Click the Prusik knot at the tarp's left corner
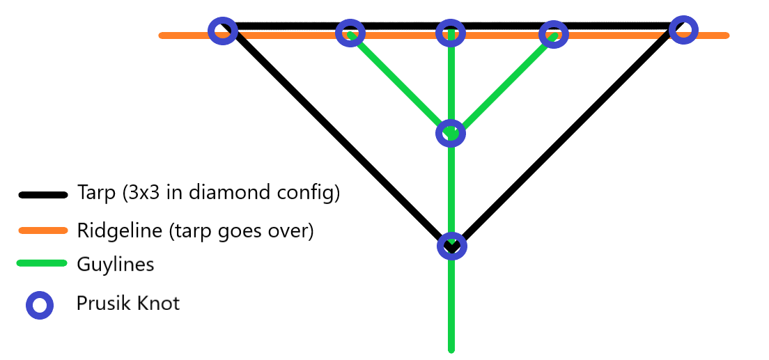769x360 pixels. [223, 31]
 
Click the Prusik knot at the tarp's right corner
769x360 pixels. [683, 29]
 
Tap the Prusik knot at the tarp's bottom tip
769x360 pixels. [451, 246]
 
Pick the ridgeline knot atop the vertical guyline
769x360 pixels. [451, 33]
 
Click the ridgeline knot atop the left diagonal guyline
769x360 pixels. [350, 33]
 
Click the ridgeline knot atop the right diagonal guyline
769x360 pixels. [553, 33]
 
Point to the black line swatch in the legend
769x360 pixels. [42, 195]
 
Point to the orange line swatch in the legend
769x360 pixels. [42, 230]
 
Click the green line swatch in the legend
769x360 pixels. [42, 264]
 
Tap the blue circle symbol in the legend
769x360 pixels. [40, 305]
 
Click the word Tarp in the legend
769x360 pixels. [96, 193]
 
